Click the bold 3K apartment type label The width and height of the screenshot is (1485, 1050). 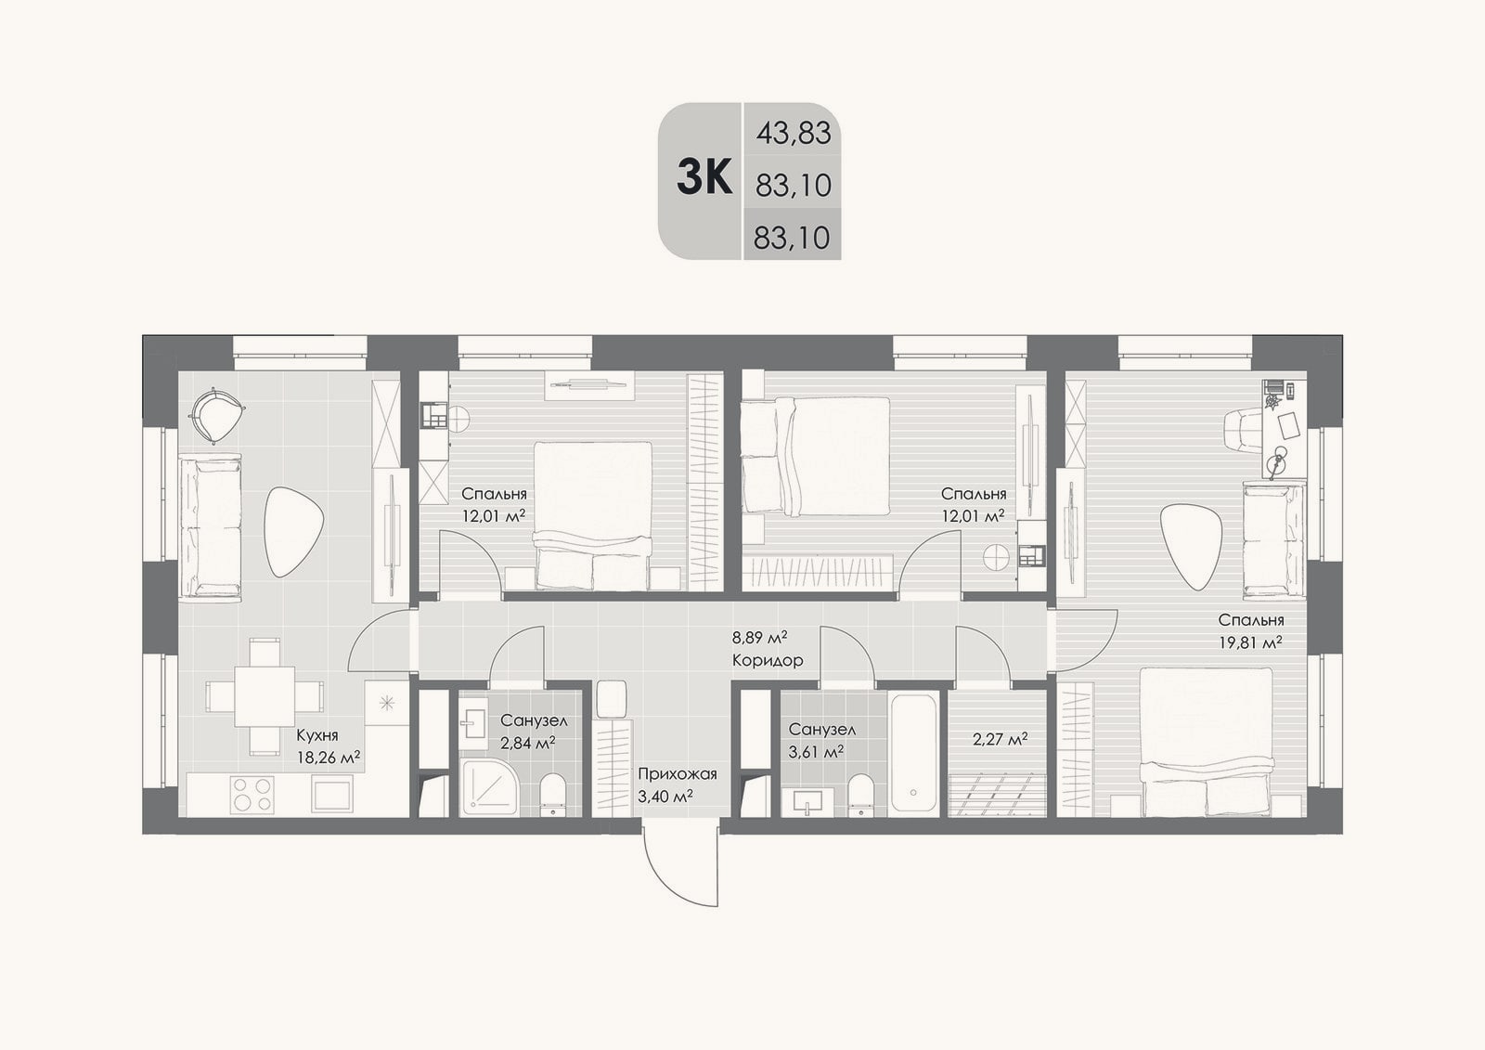[x=704, y=177]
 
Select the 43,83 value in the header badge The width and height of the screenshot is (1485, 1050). [x=794, y=134]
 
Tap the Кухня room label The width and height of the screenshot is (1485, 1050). [x=316, y=735]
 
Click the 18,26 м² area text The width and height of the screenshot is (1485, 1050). [x=329, y=757]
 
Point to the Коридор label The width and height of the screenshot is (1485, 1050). [x=768, y=661]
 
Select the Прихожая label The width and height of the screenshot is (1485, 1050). [x=678, y=774]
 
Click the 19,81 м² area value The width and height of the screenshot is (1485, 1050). [x=1249, y=642]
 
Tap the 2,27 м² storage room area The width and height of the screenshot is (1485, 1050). [x=1000, y=739]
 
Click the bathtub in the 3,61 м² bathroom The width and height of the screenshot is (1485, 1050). [x=913, y=753]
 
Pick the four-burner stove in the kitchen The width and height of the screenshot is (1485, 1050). [x=252, y=794]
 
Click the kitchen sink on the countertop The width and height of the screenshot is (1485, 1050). [x=331, y=794]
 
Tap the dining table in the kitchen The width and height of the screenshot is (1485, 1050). [x=264, y=696]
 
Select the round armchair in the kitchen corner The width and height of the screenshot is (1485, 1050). [x=216, y=415]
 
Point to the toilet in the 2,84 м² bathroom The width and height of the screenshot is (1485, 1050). [x=553, y=795]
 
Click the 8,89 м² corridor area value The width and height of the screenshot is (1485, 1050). [x=759, y=638]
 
